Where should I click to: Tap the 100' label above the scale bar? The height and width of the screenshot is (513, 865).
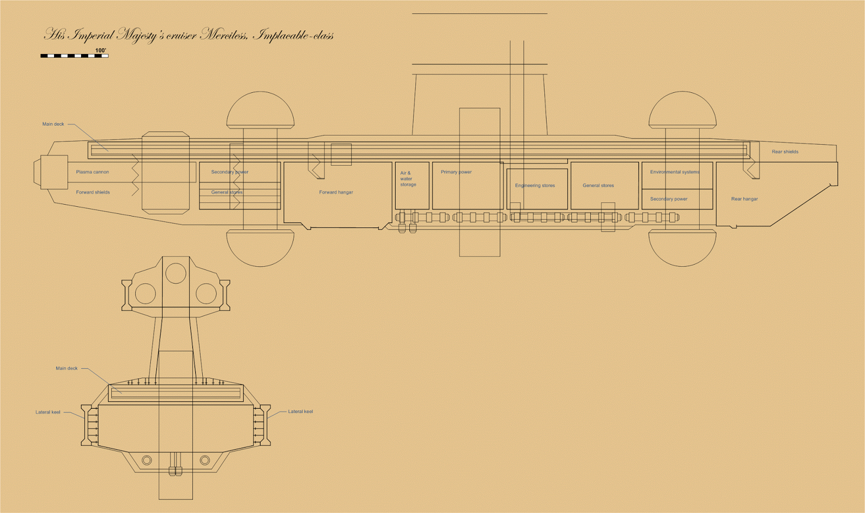101,50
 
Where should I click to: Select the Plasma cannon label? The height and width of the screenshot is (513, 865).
92,172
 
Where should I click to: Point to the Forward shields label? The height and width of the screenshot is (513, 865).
93,192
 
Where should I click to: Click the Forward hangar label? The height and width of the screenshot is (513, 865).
336,192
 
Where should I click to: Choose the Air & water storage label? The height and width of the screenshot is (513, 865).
408,179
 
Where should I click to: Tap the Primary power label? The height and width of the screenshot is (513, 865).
456,172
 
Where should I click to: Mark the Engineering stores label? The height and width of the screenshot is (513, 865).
535,186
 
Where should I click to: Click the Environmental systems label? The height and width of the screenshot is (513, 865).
674,172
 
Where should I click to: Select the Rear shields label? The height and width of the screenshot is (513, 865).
785,152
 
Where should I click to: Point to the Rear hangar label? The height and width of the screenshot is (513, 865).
744,199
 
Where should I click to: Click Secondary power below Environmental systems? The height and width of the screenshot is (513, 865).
669,199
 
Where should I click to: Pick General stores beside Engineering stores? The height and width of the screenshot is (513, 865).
598,186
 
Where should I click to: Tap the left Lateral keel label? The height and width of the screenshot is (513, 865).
48,413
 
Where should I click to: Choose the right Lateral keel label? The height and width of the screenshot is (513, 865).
300,412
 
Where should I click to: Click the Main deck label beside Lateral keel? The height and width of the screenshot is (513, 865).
66,369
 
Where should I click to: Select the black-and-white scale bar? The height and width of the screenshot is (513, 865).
74,56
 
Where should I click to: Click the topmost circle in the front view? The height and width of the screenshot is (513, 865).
176,273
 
